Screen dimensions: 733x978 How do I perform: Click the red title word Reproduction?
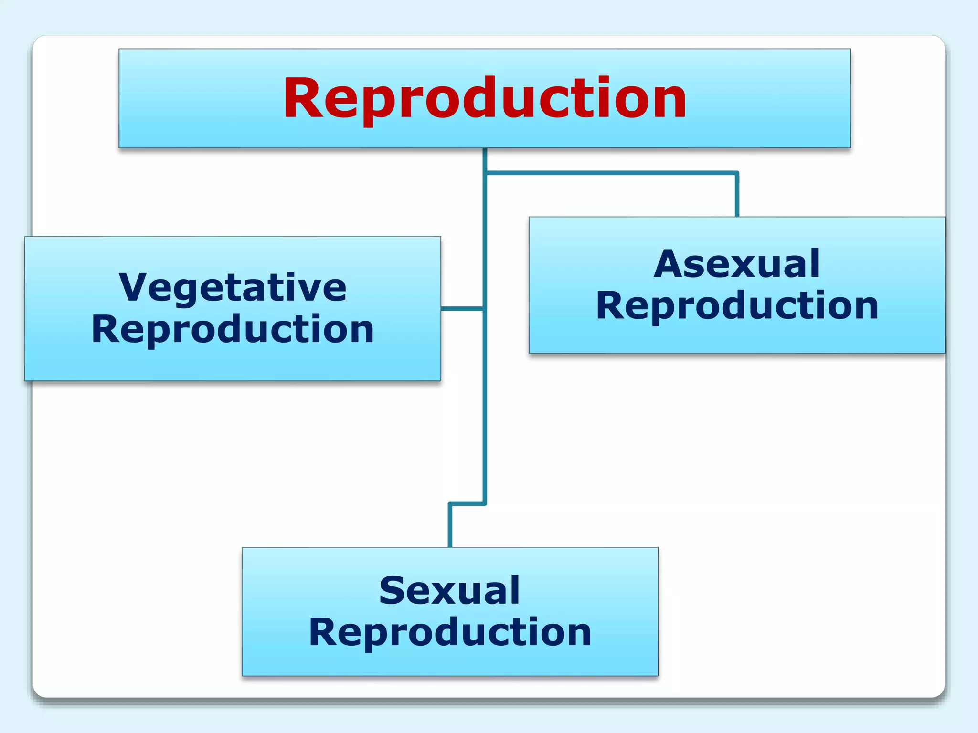coord(484,99)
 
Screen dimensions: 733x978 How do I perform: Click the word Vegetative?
coord(233,287)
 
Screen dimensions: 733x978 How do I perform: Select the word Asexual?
coord(736,264)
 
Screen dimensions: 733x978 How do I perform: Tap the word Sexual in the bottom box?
coord(449,591)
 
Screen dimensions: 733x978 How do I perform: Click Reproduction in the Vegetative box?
coord(233,329)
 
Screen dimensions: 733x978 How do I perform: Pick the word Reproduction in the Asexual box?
coord(737,306)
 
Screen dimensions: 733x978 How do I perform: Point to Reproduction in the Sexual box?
coord(450,632)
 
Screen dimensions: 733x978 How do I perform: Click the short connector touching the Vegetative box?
coord(461,309)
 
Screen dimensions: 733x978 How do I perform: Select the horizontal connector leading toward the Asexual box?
coord(611,173)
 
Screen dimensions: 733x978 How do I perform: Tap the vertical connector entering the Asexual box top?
coord(737,196)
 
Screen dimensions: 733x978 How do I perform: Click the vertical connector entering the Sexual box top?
coord(450,525)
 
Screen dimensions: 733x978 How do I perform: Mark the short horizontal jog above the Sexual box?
coord(467,503)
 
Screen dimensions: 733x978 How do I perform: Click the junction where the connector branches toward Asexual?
coord(485,173)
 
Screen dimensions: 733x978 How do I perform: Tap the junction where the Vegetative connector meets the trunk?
coord(484,309)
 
